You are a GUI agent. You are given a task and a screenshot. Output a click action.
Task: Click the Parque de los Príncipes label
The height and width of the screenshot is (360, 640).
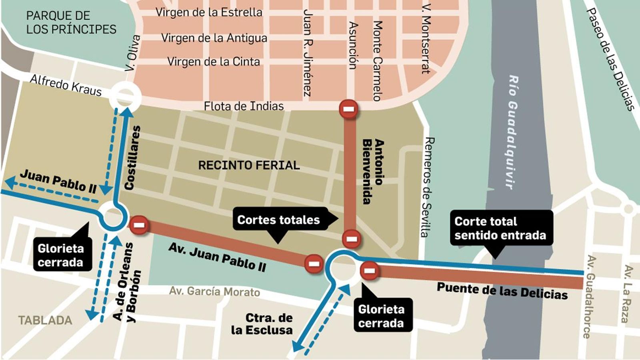71,22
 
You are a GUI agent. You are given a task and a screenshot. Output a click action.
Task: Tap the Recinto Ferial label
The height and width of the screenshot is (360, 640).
249,165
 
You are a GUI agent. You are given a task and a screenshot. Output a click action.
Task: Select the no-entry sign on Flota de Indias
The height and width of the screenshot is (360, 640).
348,108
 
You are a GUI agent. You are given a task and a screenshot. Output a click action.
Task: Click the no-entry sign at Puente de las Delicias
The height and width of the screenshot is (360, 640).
370,271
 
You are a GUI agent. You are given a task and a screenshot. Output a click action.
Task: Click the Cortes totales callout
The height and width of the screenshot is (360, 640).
279,220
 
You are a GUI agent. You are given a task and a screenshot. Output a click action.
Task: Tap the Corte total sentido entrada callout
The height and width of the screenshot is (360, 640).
500,228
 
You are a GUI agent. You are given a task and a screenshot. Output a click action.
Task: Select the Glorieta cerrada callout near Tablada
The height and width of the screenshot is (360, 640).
61,255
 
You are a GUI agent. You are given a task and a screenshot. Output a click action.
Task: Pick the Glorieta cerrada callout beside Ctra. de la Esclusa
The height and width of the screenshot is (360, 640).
381,316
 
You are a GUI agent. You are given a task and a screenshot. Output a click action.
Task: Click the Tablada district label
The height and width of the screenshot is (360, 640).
45,320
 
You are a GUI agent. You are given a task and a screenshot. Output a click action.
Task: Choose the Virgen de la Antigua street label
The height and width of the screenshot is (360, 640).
214,38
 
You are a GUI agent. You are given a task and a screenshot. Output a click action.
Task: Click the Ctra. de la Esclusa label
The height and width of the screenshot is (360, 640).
262,324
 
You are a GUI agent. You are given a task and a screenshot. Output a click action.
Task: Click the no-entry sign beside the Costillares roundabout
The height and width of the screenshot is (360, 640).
139,225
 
